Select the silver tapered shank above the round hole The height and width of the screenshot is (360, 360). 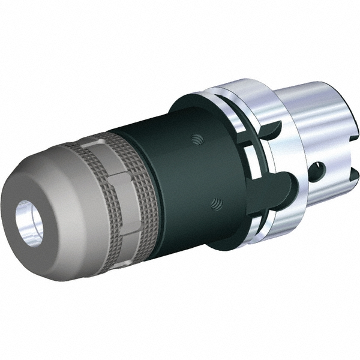[x=306, y=120]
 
